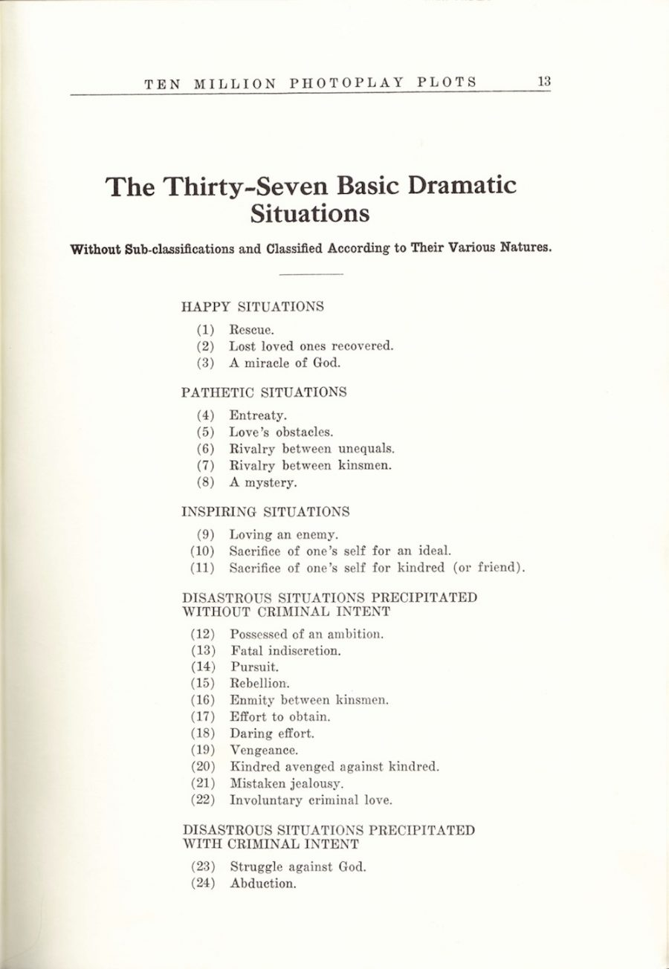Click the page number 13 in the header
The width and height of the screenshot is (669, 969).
click(x=544, y=82)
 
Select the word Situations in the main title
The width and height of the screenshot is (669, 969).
click(x=309, y=213)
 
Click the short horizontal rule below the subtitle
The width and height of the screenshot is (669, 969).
click(x=310, y=275)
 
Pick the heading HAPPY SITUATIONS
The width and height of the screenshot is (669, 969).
click(x=253, y=306)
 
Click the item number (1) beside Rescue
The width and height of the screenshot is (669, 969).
click(x=205, y=329)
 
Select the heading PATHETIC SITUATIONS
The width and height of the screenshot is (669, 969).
click(x=264, y=392)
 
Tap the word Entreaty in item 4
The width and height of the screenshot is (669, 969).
click(x=257, y=415)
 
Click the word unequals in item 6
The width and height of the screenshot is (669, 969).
click(x=366, y=449)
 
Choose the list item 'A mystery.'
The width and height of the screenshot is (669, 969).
click(x=262, y=483)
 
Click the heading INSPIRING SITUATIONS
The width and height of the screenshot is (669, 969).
click(x=265, y=511)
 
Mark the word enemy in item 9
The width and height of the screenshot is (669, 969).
click(x=317, y=534)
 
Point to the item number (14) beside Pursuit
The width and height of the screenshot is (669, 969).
click(x=203, y=667)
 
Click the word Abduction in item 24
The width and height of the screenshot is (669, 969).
click(x=263, y=884)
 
